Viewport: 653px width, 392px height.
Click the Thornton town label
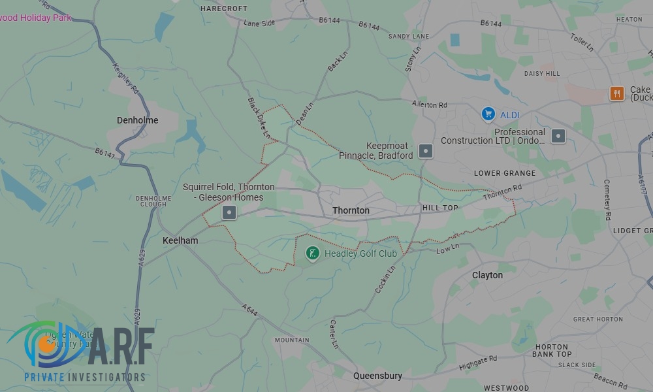[x=351, y=210]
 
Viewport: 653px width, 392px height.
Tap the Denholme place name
[x=137, y=120]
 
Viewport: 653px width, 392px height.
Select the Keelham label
[x=180, y=240]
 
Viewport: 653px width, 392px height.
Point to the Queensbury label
[x=378, y=376]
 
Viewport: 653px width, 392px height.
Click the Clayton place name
[x=487, y=275]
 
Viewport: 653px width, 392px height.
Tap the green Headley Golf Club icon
[x=313, y=253]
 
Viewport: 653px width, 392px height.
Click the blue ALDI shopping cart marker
[x=488, y=114]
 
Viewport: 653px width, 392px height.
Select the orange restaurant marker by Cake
[x=616, y=93]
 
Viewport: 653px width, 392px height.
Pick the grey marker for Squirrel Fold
[x=229, y=212]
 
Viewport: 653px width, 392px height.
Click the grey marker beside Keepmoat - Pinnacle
[x=425, y=151]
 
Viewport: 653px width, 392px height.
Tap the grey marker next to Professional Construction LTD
[x=558, y=136]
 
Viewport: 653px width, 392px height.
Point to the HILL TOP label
[x=440, y=208]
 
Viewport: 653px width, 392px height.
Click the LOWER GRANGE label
[x=505, y=173]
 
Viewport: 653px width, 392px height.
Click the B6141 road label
[x=104, y=153]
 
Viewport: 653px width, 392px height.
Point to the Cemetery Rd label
[x=607, y=199]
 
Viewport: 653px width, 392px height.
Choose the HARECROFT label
[x=224, y=8]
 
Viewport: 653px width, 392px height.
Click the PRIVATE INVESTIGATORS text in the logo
[x=85, y=378]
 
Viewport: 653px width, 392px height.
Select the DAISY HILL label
[x=542, y=74]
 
